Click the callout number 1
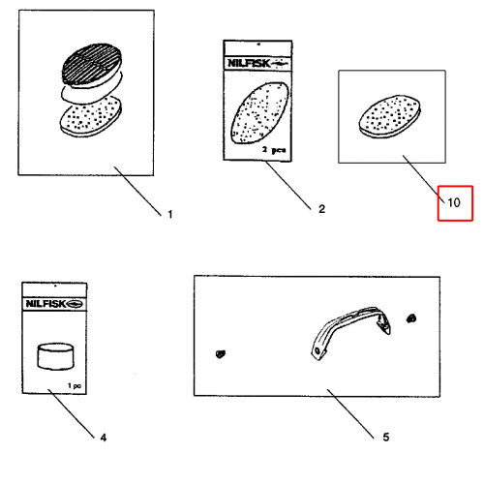coord(170,214)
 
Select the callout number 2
coord(321,209)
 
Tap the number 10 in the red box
coord(454,202)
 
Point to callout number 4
coord(103,438)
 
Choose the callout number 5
coord(386,437)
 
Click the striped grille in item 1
coord(92,64)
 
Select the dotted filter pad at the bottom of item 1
coord(91,117)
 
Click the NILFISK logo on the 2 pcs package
coord(257,63)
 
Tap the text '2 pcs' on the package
coord(274,150)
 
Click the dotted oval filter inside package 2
coord(259,112)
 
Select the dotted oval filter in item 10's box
coord(390,116)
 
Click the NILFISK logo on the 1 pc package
coord(54,304)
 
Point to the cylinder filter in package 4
coord(55,356)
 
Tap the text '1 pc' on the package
coord(75,385)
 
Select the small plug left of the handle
coord(221,354)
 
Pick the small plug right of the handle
coord(411,318)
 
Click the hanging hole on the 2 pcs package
coord(258,45)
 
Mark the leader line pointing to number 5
coord(350,413)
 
